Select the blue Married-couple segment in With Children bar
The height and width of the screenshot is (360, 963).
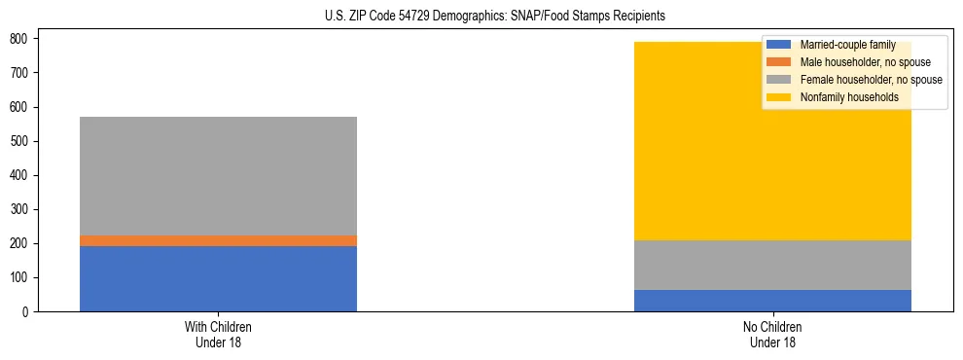[x=218, y=278]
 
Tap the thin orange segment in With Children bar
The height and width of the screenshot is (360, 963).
[x=218, y=240]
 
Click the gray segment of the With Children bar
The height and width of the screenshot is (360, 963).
[x=218, y=176]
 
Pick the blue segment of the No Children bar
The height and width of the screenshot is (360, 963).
[x=772, y=301]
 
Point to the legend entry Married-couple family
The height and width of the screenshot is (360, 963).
[x=847, y=45]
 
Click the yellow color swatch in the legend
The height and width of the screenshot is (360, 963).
[x=779, y=97]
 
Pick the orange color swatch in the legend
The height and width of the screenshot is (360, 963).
[x=779, y=62]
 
